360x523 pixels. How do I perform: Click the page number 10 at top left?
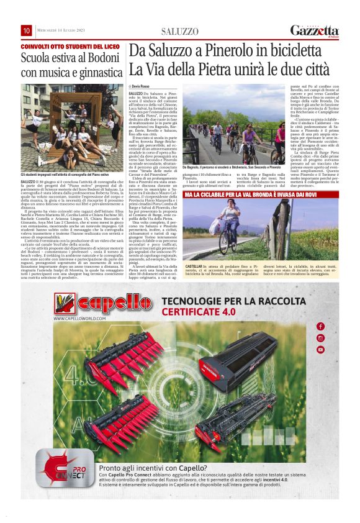[27, 30]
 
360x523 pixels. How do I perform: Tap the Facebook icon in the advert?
[320, 326]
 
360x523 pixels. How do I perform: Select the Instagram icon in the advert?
[320, 338]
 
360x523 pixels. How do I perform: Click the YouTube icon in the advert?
[320, 350]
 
